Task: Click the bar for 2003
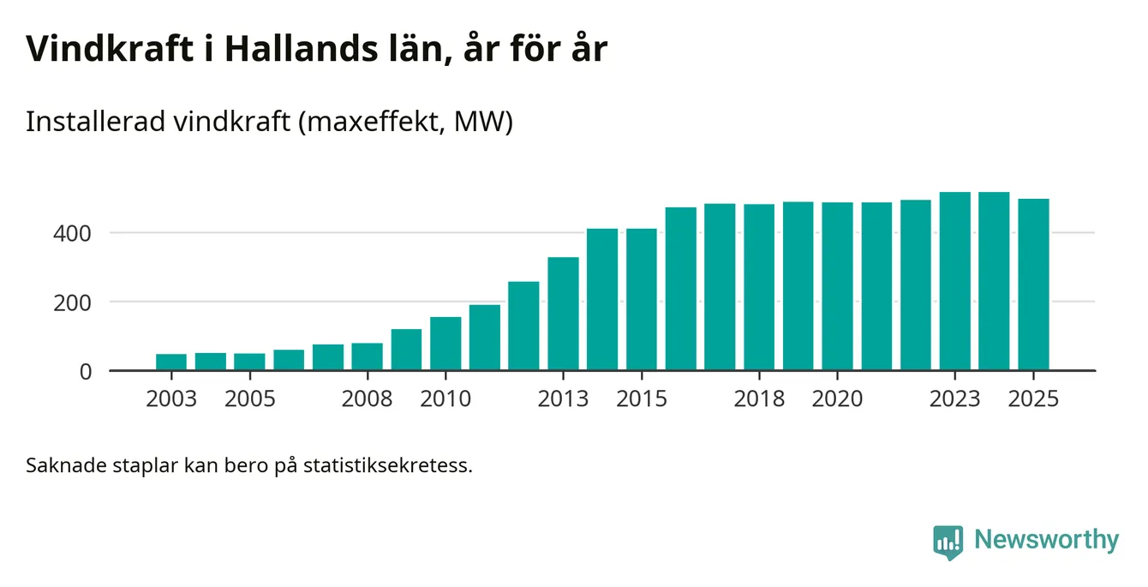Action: tap(171, 362)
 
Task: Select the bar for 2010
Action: tap(445, 344)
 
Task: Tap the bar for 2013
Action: tap(563, 314)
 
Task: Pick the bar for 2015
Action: tap(642, 299)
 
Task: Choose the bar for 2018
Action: tap(759, 287)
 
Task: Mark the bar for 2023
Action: tap(955, 281)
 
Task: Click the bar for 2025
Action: tap(1033, 285)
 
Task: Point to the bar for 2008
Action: tap(367, 356)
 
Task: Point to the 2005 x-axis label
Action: tap(249, 399)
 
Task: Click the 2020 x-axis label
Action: tap(837, 399)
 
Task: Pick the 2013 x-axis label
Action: tap(563, 399)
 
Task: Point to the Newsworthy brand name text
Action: tap(1046, 540)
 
